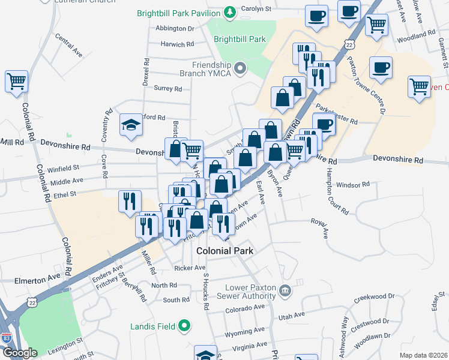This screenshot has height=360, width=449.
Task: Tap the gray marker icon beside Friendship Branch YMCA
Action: pyautogui.click(x=241, y=68)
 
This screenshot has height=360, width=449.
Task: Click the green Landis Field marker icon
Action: pyautogui.click(x=184, y=326)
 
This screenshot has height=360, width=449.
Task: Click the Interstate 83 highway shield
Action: pyautogui.click(x=6, y=338)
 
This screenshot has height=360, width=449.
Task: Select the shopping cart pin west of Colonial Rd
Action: pyautogui.click(x=17, y=81)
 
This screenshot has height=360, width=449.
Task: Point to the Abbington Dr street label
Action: pyautogui.click(x=175, y=28)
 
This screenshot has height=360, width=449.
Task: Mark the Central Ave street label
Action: pyautogui.click(x=68, y=46)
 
